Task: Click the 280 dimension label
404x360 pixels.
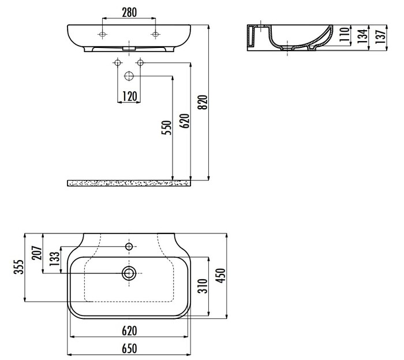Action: pyautogui.click(x=129, y=12)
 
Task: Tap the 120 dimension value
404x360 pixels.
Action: pyautogui.click(x=129, y=97)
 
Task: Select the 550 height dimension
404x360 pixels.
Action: pyautogui.click(x=166, y=128)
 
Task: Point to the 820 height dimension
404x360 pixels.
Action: pyautogui.click(x=203, y=102)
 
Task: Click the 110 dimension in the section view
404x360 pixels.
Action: pyautogui.click(x=345, y=34)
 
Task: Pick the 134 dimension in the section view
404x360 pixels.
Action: pyautogui.click(x=362, y=36)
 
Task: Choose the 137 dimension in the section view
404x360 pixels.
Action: pyautogui.click(x=380, y=36)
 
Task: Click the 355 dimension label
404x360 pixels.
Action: pyautogui.click(x=18, y=267)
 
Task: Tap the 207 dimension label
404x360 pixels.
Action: pyautogui.click(x=37, y=253)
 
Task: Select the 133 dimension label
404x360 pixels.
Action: pyautogui.click(x=55, y=259)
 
